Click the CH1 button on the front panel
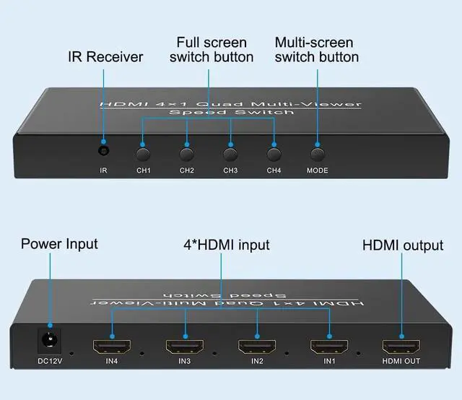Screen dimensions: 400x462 click(x=144, y=153)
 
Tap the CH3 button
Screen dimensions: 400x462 click(x=230, y=153)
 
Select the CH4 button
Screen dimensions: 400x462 click(x=274, y=153)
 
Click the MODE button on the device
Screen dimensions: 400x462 click(x=317, y=153)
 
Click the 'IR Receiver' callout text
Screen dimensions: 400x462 click(x=105, y=56)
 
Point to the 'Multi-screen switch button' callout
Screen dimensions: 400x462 click(x=316, y=49)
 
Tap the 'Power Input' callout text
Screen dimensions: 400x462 click(x=59, y=244)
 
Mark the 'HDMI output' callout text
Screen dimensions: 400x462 click(x=402, y=245)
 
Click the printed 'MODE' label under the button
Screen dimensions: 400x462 click(x=317, y=171)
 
